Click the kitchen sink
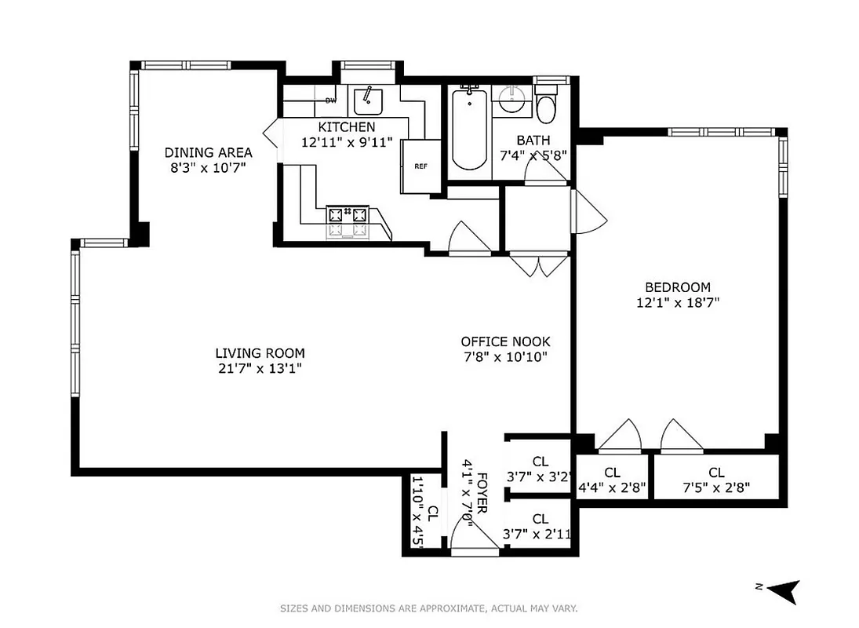point(366,100)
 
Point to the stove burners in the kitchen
point(348,221)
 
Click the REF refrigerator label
point(420,166)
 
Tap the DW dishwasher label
point(331,100)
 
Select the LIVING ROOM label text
point(260,353)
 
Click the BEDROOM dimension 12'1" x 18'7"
point(678,301)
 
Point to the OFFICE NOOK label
point(505,341)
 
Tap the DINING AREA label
point(208,152)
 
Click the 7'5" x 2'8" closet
point(715,479)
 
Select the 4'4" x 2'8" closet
point(612,479)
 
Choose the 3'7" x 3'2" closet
point(540,468)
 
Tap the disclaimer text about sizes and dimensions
point(429,608)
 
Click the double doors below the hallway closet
point(540,265)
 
